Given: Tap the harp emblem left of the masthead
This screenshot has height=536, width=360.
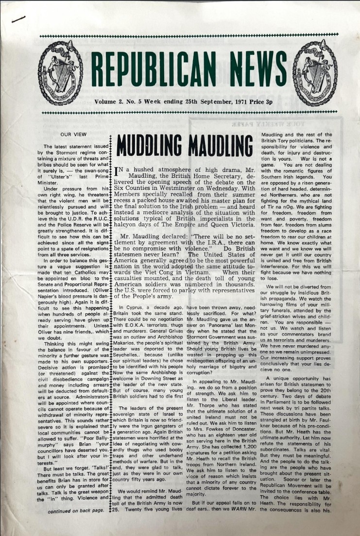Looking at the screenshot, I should click(x=60, y=67).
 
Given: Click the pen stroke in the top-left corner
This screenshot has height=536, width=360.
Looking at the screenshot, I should click(x=19, y=19).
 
